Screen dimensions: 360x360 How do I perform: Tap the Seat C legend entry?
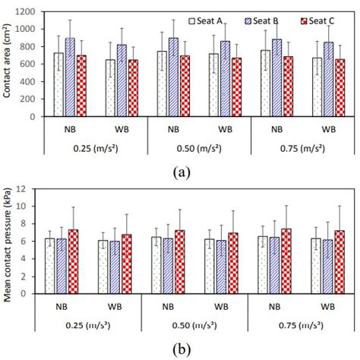[x=314, y=21]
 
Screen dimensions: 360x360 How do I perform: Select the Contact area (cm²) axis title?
[x=7, y=65]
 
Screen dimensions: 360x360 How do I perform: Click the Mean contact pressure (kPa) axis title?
[x=7, y=241]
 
